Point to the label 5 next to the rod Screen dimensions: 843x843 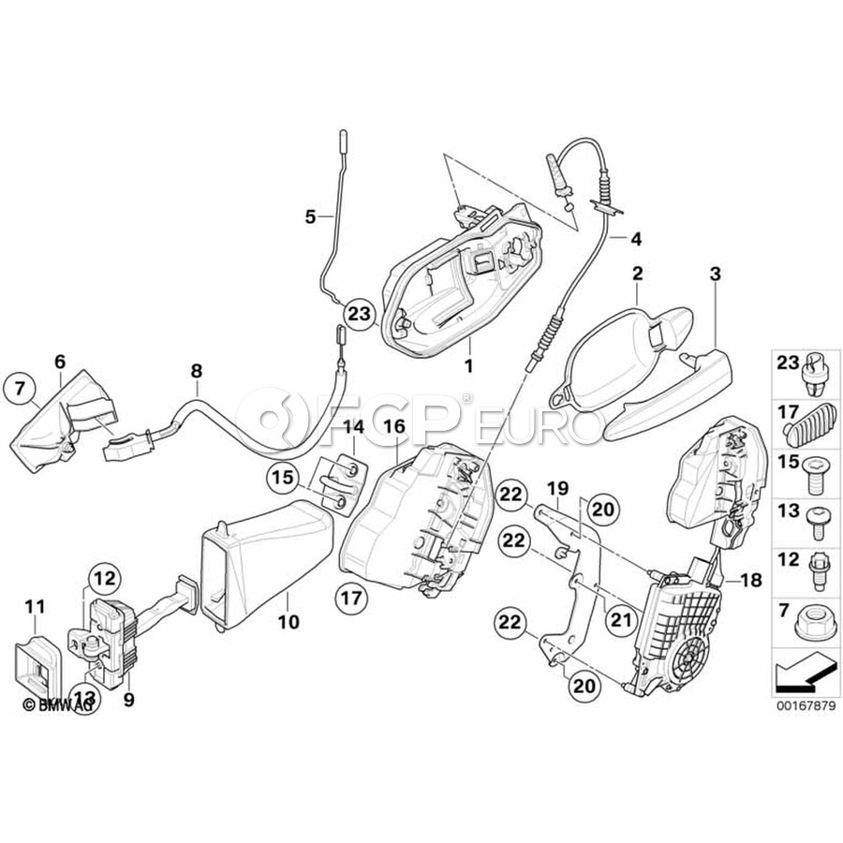coord(310,217)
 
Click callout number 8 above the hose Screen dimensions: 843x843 coord(197,371)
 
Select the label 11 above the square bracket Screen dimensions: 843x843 coord(34,607)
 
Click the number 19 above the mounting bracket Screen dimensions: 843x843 coord(557,488)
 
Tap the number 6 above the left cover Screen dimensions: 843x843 coord(60,360)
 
